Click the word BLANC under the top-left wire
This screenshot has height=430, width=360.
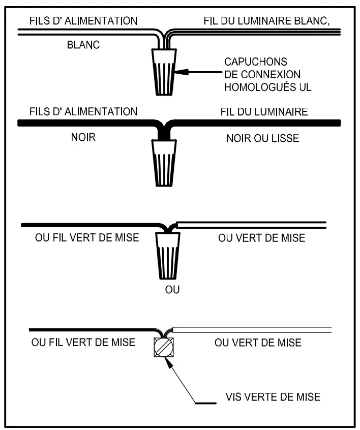coord(83,45)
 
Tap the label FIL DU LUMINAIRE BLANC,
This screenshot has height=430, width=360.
coord(271,21)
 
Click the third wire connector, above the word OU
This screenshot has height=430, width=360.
coord(165,256)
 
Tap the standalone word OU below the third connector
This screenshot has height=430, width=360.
coord(173,290)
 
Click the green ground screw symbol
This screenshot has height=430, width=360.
coord(164,348)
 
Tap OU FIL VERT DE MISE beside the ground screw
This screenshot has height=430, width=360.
coord(83,342)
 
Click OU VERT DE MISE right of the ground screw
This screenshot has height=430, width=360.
coord(258,342)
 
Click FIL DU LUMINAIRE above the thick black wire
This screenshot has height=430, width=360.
coord(264,111)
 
